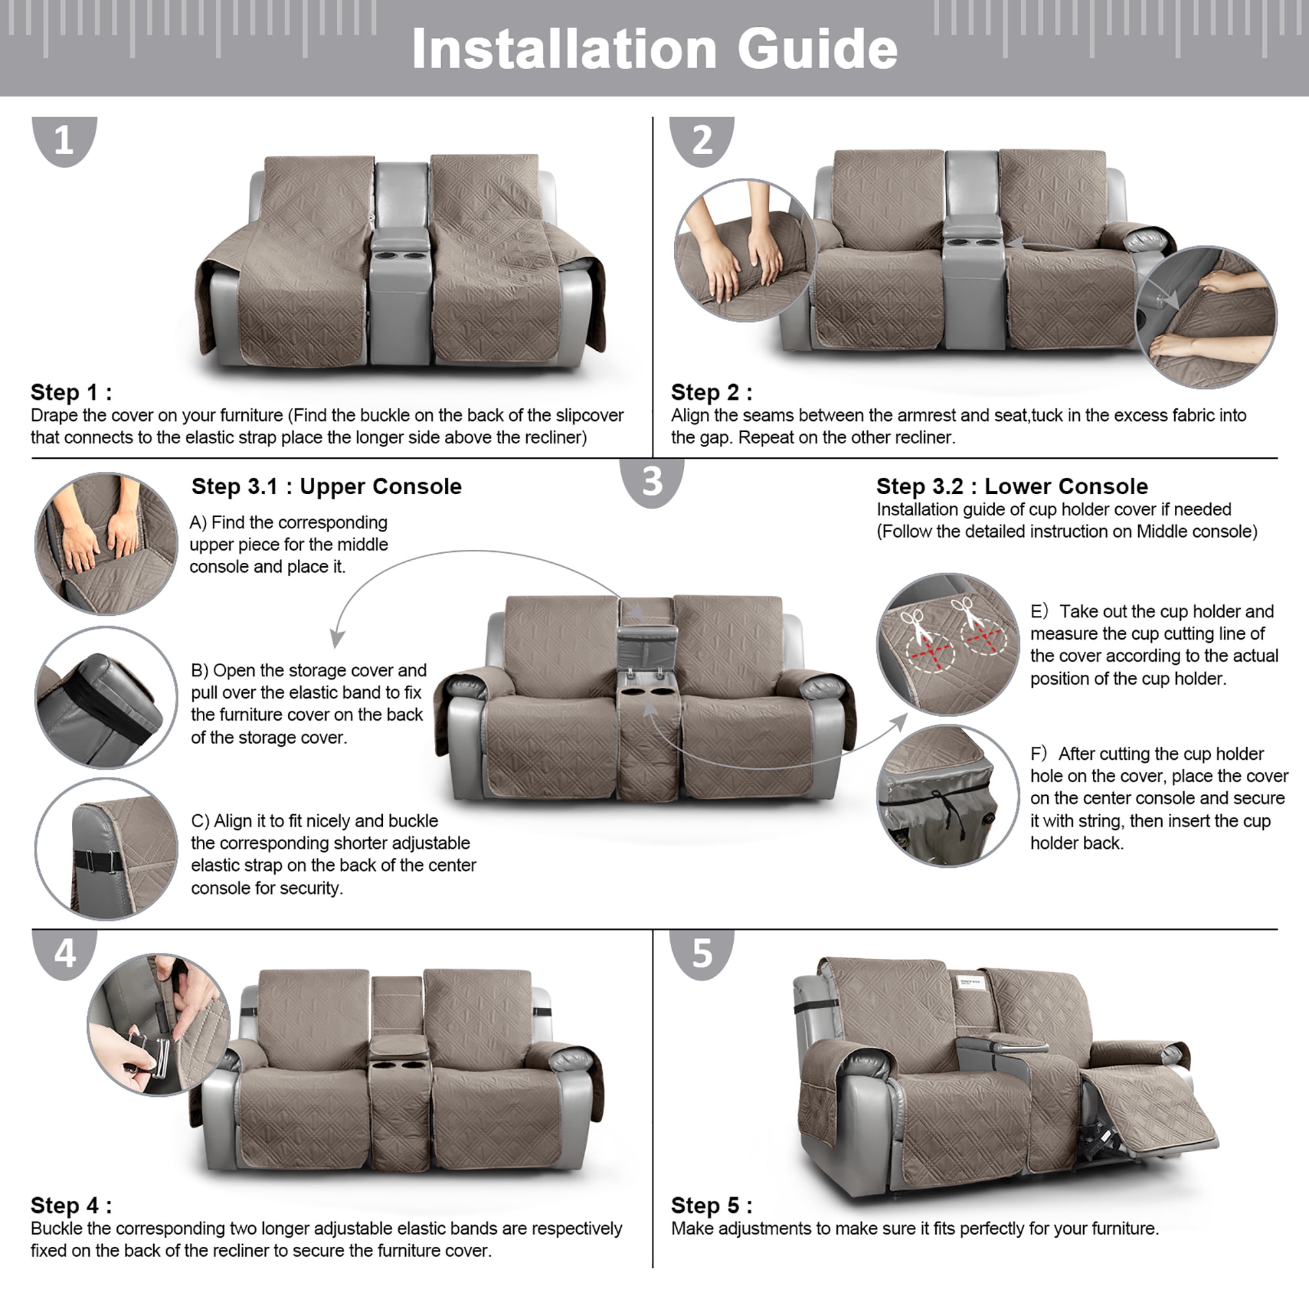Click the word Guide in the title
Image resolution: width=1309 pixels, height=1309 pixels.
pos(817,50)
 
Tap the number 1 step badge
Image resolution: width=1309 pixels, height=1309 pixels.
pos(64,141)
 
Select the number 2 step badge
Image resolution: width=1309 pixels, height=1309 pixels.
pos(702,141)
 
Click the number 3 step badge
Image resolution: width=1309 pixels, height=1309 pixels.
pos(652,482)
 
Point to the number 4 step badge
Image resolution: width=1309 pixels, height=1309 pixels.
pos(64,954)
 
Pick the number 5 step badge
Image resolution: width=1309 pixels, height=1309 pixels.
pos(702,954)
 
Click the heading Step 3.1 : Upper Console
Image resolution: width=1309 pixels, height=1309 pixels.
pos(327,486)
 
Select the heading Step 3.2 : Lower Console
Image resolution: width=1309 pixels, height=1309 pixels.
pos(1013,486)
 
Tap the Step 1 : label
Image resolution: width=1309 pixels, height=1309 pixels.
pos(71,392)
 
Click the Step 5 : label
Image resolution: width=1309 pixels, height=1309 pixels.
pos(711,1206)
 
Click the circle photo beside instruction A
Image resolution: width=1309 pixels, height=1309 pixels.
pos(107,543)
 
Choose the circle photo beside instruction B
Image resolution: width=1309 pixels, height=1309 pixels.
pos(107,697)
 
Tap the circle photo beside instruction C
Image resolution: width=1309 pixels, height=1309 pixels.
pos(107,849)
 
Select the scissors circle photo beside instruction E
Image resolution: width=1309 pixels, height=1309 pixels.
pos(948,644)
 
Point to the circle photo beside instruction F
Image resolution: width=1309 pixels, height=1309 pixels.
pos(948,795)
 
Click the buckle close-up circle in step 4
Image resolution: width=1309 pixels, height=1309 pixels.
pos(159,1024)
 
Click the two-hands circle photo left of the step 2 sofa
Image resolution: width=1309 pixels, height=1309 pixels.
pos(745,250)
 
